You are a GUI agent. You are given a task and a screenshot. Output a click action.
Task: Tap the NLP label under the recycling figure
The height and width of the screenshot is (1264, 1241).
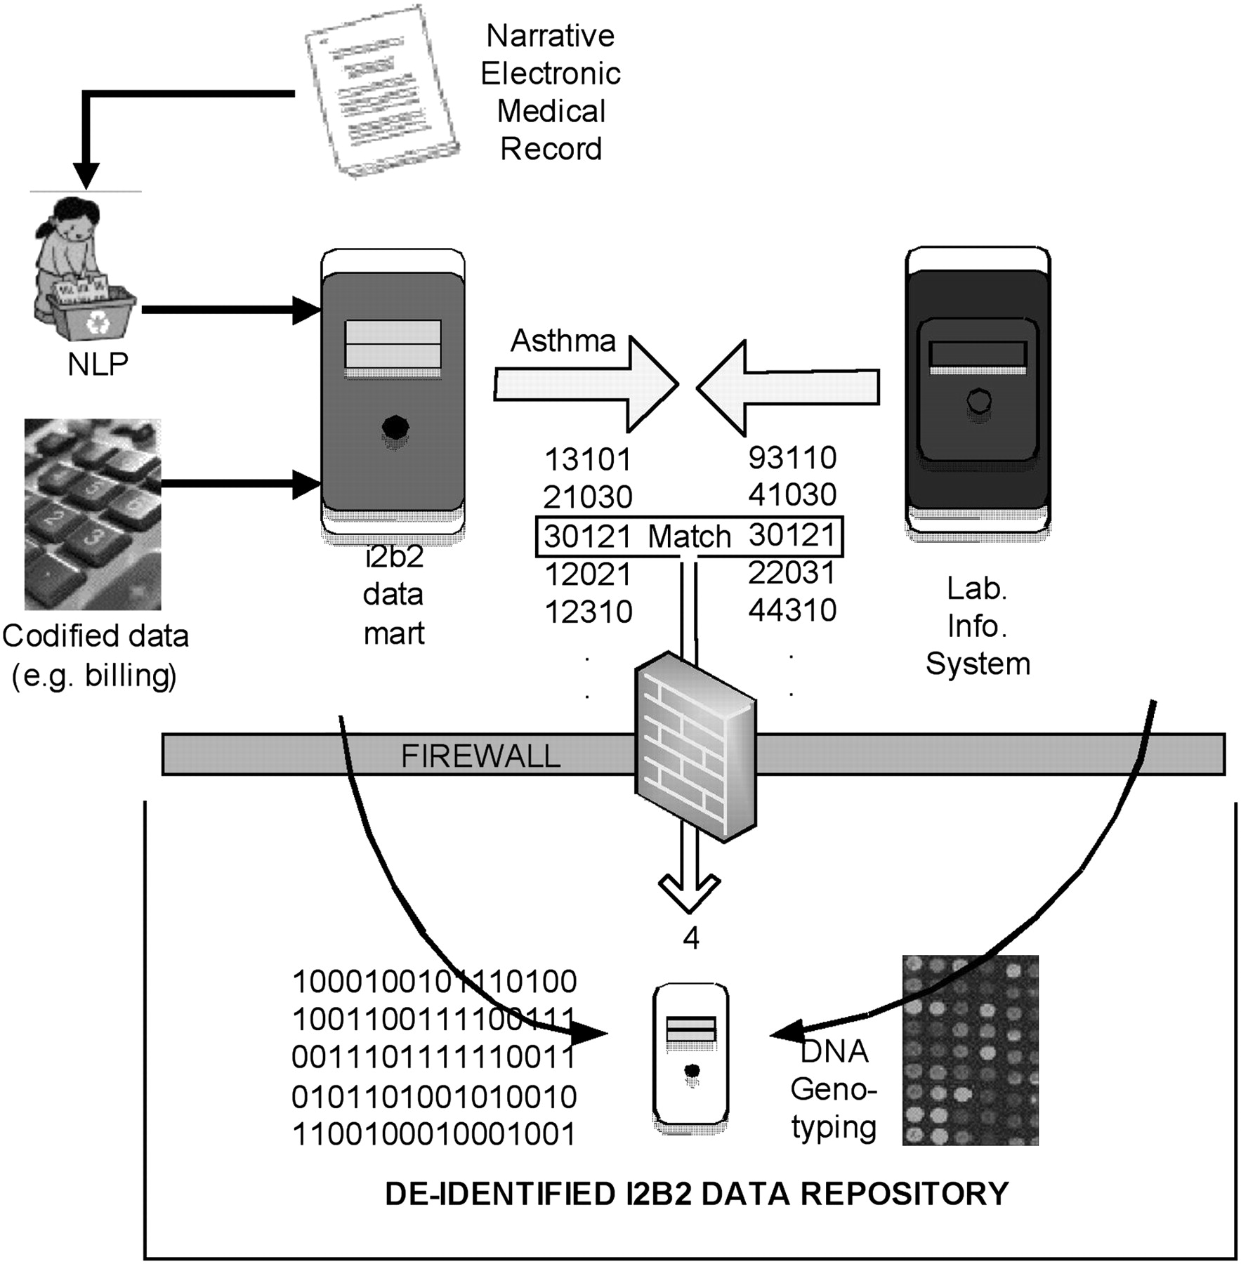[x=98, y=364]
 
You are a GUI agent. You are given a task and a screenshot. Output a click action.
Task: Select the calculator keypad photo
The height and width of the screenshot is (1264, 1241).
[x=92, y=514]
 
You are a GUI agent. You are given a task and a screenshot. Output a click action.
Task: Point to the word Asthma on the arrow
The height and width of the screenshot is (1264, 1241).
[x=563, y=341]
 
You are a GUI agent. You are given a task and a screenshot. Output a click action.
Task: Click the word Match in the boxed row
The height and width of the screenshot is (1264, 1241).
[x=689, y=537]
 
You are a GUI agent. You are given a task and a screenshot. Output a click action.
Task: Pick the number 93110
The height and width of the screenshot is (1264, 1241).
[x=792, y=458]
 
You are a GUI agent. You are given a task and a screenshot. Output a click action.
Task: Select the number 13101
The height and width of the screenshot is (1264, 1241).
[x=588, y=460]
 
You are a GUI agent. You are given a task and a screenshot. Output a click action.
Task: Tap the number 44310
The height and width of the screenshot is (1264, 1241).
[x=792, y=611]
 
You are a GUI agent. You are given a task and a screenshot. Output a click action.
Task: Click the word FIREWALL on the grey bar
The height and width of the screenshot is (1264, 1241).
[x=480, y=756]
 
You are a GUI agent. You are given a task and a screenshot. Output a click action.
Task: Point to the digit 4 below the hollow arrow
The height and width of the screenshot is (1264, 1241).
[x=691, y=939]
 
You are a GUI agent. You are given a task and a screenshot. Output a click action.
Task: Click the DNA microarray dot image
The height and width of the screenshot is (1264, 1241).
[x=970, y=1050]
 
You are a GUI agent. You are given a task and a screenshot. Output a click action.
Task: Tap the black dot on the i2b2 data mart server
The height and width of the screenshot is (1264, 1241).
[x=395, y=426]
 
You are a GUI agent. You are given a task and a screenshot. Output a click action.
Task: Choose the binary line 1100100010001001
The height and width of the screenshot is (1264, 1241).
[x=434, y=1135]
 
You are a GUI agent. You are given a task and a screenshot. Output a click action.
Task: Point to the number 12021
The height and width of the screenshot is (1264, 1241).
[x=588, y=575]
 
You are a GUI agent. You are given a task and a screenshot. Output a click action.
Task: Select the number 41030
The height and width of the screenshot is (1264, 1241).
[x=792, y=495]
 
